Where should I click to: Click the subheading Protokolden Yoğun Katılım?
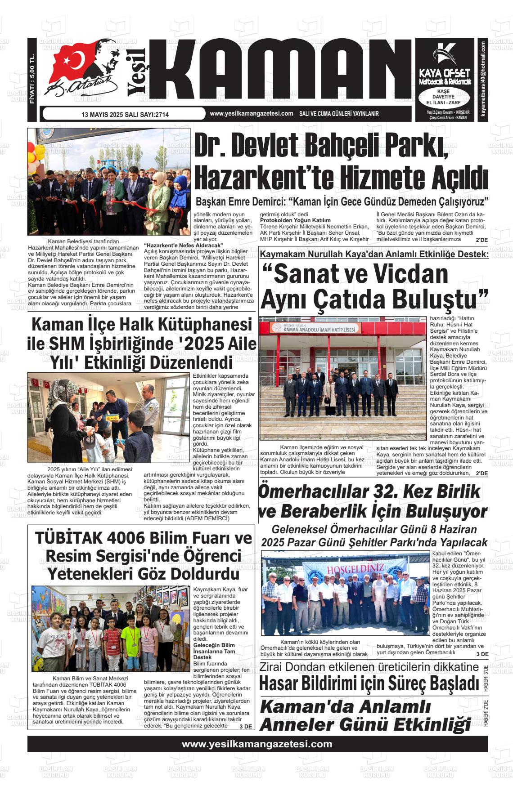[x=295, y=220]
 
